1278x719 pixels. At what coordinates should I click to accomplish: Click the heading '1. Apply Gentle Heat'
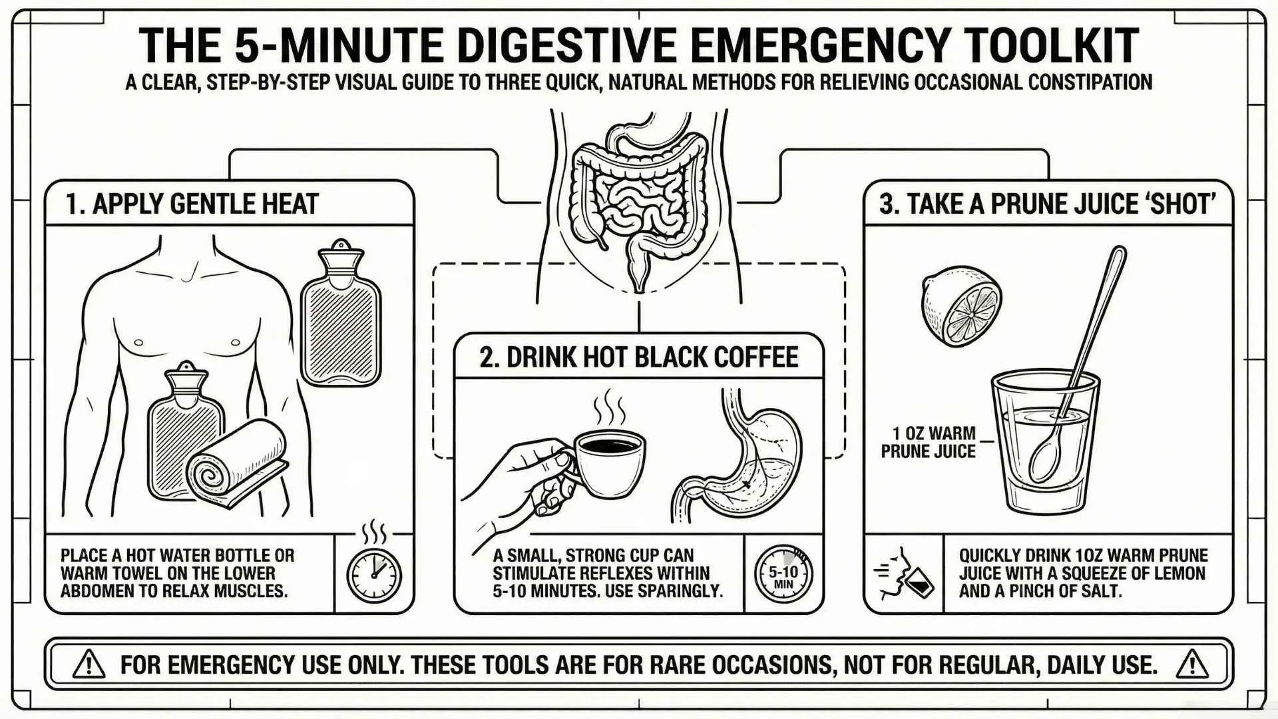point(192,204)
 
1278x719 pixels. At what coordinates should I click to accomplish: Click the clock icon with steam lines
point(374,573)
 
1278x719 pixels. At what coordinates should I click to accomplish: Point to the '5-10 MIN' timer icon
point(783,574)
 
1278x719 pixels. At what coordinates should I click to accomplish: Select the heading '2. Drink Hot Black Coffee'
point(638,358)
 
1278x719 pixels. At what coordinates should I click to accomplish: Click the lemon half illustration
point(961,306)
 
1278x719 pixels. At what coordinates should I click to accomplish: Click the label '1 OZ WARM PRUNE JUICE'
point(929,443)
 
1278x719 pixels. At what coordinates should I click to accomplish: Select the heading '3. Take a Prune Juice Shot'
point(1048,204)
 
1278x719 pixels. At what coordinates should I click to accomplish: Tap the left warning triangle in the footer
point(89,664)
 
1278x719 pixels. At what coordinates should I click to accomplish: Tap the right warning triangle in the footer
point(1191,664)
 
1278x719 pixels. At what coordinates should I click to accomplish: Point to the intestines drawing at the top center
point(639,200)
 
